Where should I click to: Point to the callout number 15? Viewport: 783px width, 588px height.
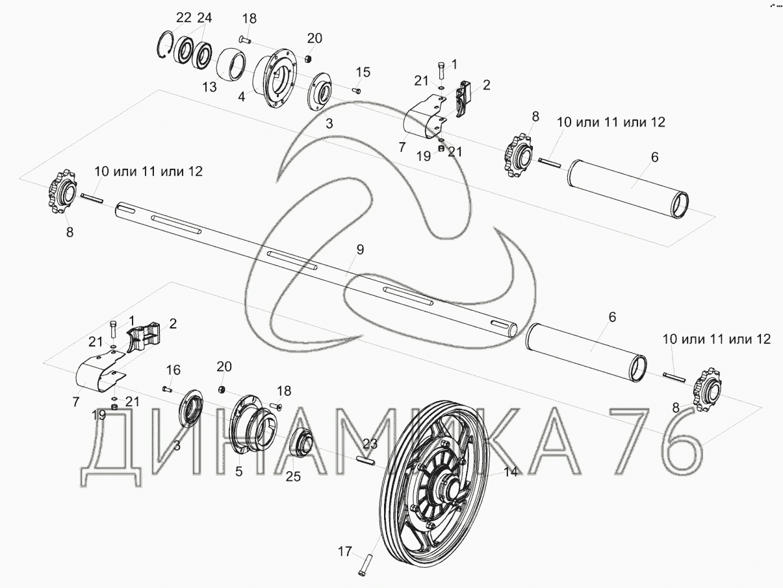tap(363, 71)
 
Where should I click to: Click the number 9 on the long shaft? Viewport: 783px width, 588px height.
tap(360, 249)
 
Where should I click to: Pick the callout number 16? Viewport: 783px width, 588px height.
tap(173, 370)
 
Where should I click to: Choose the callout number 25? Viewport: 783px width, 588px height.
tap(293, 477)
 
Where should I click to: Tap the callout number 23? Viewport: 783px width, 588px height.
tap(370, 444)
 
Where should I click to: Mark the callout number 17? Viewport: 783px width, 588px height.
tap(344, 552)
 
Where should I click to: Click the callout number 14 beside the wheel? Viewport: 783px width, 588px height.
tap(511, 472)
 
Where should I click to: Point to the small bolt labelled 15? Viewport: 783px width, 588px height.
tap(357, 91)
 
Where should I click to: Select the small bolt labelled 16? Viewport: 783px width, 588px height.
tap(168, 389)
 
